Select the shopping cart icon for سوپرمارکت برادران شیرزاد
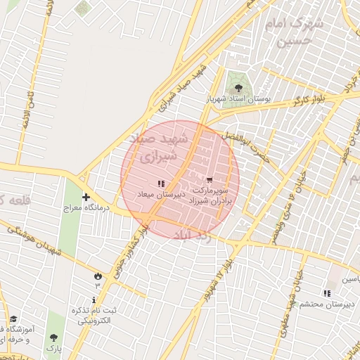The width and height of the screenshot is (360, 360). (209, 179)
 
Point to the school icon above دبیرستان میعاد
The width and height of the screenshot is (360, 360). (161, 184)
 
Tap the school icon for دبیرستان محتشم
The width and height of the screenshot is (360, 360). (326, 293)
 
